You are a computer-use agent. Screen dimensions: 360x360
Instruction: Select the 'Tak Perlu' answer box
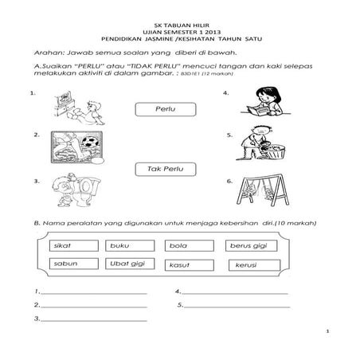[166, 170]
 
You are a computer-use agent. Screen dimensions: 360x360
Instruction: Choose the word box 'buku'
[127, 245]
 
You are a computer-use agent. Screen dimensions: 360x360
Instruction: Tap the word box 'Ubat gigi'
[127, 263]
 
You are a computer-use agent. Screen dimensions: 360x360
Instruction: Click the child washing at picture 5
[263, 147]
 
